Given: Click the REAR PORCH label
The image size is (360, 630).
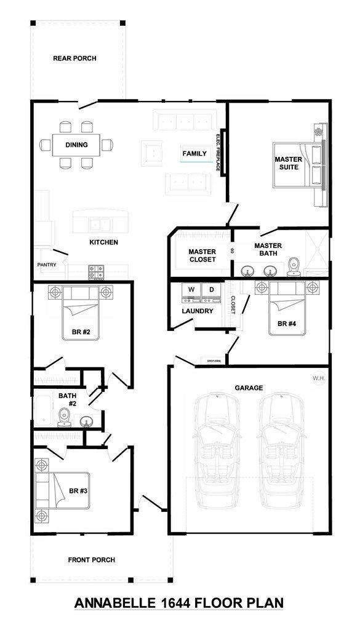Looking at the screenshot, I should pyautogui.click(x=74, y=58).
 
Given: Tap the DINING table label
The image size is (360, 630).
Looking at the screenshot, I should pyautogui.click(x=77, y=145).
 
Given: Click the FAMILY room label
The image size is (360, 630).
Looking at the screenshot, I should pyautogui.click(x=194, y=153).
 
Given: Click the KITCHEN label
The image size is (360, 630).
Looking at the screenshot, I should pyautogui.click(x=103, y=242).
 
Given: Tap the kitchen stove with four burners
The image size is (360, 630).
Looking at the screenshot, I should pyautogui.click(x=96, y=269).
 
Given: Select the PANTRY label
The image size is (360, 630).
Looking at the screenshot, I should pyautogui.click(x=47, y=265).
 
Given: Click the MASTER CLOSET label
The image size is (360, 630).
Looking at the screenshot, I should pyautogui.click(x=202, y=255).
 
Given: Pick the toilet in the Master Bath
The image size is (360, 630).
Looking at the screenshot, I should pyautogui.click(x=293, y=266).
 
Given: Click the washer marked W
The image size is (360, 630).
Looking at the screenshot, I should pyautogui.click(x=191, y=293).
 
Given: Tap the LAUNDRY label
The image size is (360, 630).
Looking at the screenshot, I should pyautogui.click(x=198, y=311).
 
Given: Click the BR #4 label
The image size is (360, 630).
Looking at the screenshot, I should pyautogui.click(x=287, y=324).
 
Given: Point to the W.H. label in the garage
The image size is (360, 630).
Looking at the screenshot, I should pyautogui.click(x=319, y=378).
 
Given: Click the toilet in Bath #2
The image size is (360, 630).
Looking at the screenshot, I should pyautogui.click(x=63, y=419).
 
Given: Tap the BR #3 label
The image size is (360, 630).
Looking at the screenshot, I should pyautogui.click(x=78, y=491).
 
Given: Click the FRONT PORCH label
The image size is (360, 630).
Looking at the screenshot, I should pyautogui.click(x=91, y=560).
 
